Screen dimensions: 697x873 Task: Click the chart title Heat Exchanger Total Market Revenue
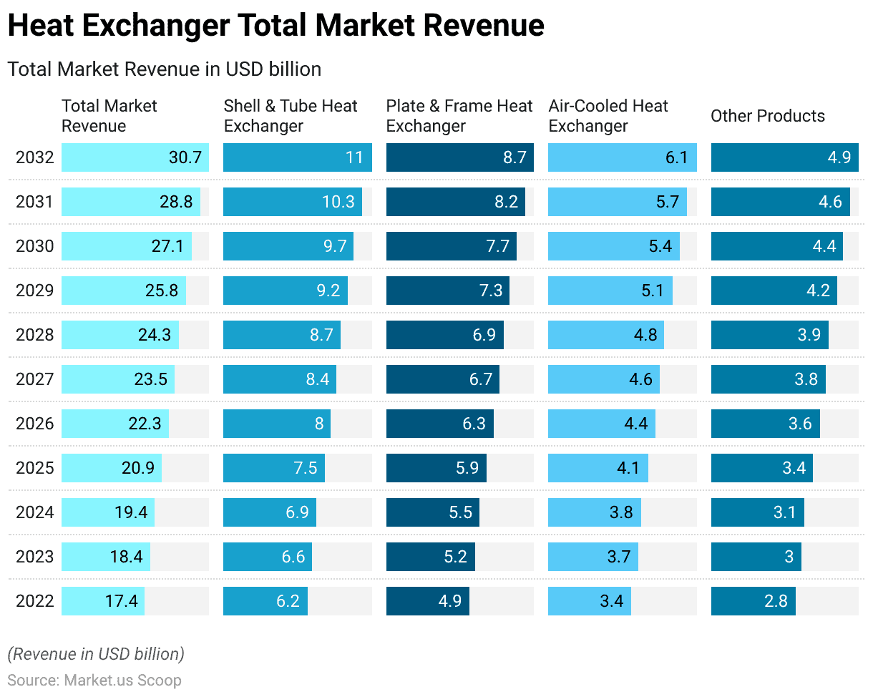coord(275,26)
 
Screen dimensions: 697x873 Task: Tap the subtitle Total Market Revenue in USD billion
coord(164,69)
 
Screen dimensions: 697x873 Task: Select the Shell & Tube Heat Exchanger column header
coord(291,116)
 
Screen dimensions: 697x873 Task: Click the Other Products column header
coord(767,116)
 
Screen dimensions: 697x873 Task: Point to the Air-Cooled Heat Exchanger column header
coord(608,116)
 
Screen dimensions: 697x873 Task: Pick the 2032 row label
coord(34,157)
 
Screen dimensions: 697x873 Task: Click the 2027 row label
coord(34,379)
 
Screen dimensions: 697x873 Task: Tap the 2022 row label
coord(34,601)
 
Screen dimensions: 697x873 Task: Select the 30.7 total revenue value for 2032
coord(185,157)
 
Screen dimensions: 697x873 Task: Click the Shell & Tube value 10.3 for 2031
coord(338,202)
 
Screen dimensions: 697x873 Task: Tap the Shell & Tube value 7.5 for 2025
coord(306,468)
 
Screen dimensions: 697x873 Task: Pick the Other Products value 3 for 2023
coord(789,557)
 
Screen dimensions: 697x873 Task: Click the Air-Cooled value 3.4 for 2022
coord(612,601)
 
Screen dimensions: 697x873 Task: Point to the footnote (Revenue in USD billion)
coord(96,653)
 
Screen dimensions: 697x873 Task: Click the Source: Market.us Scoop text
coord(94,680)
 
